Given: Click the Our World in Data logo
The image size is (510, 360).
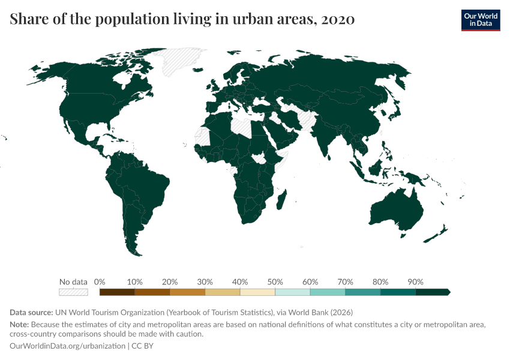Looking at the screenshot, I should point(480,20).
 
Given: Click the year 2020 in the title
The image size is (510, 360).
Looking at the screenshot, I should point(338,19).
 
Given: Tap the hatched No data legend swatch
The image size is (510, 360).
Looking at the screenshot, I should point(73,292).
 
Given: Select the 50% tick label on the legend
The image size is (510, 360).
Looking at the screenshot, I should point(275,282).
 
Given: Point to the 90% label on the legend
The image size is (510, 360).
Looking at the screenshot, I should point(415,282).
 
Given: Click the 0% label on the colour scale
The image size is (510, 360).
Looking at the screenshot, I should point(100,282).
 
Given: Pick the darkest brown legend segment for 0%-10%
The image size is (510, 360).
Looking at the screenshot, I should point(117,292).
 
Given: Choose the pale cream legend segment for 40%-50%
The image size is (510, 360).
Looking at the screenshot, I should point(257,292).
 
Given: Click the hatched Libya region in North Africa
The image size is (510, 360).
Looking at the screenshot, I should point(244,126).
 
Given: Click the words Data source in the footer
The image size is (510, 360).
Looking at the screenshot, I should point(31,313).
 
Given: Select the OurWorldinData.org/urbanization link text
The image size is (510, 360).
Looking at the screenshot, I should point(67,346).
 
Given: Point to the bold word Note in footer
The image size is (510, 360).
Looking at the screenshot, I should point(19,325).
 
